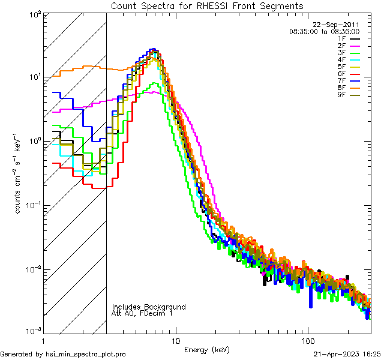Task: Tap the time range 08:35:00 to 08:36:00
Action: (325, 31)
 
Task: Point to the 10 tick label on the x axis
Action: (175, 340)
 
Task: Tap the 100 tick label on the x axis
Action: (307, 340)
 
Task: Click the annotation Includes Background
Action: (149, 307)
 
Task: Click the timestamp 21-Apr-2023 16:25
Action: (347, 354)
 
